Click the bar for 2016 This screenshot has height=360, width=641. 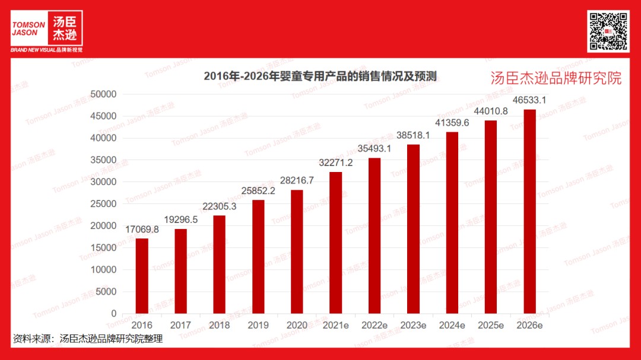[142, 276]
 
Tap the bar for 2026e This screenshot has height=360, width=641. [529, 211]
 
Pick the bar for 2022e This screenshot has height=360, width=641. [375, 235]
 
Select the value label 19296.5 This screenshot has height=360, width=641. [180, 219]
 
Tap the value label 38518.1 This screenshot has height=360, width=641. [413, 135]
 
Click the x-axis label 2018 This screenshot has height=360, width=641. [219, 325]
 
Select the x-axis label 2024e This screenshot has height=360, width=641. [452, 325]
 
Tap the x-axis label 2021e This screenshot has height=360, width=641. [335, 325]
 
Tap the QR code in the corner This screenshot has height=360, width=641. [608, 31]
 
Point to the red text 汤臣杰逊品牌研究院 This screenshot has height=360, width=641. [556, 78]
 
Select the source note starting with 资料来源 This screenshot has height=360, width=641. [88, 339]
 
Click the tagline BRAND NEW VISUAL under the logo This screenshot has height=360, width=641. [46, 50]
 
